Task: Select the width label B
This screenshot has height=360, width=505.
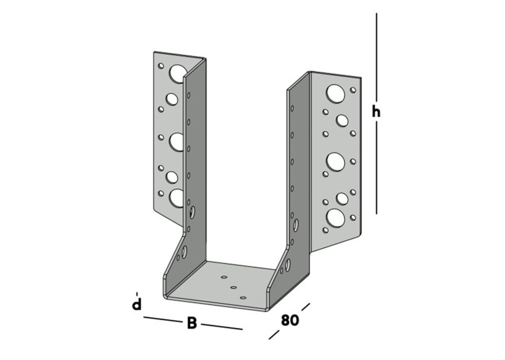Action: point(191,323)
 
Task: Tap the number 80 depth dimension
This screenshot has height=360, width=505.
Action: point(289,320)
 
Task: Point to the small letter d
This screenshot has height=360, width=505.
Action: point(137,304)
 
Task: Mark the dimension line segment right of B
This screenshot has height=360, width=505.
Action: point(222,327)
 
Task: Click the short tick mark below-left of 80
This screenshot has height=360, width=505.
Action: point(274,335)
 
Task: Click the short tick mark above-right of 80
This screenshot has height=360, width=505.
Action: point(305,307)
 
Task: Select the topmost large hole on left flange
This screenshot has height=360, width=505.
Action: point(177,73)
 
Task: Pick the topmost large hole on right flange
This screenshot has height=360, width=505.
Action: point(335,93)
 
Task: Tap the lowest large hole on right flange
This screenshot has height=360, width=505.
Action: point(335,217)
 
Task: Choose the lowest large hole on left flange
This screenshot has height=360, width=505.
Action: point(177,197)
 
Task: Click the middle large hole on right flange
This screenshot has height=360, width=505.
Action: point(335,161)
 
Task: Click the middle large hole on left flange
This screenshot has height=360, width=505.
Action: point(177,142)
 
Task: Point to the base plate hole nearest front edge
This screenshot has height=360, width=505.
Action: point(243,298)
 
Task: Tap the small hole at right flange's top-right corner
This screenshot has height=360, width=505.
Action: point(353,90)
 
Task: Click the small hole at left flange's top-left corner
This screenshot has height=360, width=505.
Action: point(161,65)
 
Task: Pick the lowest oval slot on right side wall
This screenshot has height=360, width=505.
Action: point(287,264)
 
